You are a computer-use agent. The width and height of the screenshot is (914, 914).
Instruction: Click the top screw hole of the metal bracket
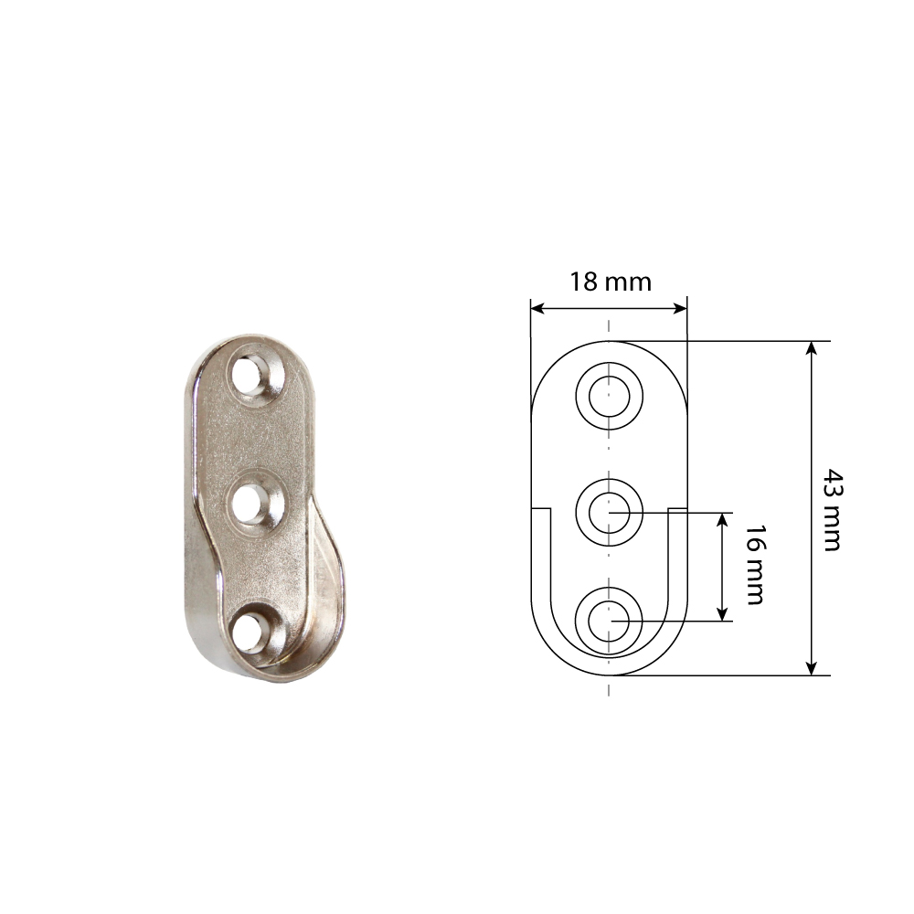pyautogui.click(x=249, y=377)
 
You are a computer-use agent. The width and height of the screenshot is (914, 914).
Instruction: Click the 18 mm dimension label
pyautogui.click(x=611, y=282)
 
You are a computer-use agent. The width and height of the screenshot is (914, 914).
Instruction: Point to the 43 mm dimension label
pyautogui.click(x=832, y=509)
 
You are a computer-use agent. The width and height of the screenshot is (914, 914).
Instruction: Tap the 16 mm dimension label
pyautogui.click(x=755, y=565)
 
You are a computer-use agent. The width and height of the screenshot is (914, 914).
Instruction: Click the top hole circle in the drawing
pyautogui.click(x=609, y=396)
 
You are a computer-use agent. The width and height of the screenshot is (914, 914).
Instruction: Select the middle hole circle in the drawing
pyautogui.click(x=609, y=513)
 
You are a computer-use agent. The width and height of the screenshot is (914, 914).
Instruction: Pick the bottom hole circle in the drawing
pyautogui.click(x=609, y=621)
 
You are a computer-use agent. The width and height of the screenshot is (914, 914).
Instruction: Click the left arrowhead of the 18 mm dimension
pyautogui.click(x=537, y=308)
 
